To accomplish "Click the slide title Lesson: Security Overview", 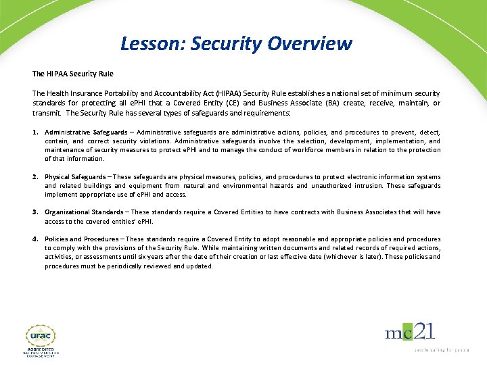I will click(236, 44).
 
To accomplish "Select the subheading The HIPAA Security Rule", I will click(73, 74).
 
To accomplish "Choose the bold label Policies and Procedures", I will click(82, 239).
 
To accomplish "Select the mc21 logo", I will click(410, 333).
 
